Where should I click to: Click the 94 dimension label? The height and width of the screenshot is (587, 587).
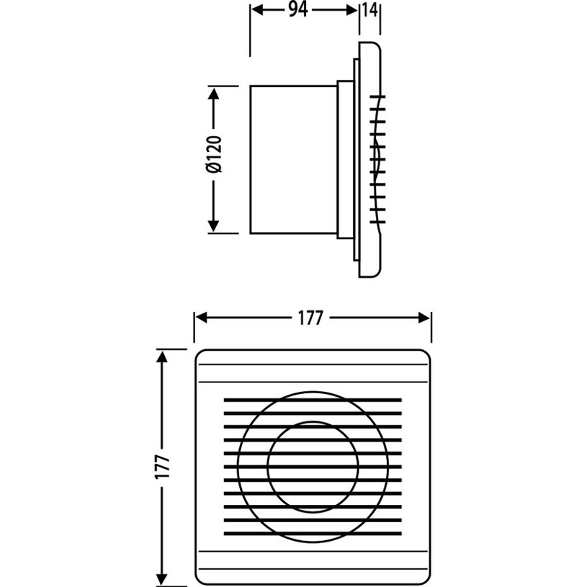click(298, 10)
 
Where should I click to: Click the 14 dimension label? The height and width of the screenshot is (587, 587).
click(370, 10)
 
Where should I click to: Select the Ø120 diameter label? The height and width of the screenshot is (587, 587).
click(214, 154)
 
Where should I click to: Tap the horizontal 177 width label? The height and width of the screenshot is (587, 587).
click(310, 318)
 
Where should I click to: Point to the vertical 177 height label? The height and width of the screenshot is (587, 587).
click(163, 467)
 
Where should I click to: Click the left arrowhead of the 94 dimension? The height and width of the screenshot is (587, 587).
click(257, 10)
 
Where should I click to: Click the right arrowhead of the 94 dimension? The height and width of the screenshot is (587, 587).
click(351, 10)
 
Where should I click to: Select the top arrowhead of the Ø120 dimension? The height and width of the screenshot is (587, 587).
click(213, 93)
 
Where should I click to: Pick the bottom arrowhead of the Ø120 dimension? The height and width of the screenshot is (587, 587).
click(213, 226)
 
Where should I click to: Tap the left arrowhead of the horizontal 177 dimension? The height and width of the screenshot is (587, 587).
click(202, 318)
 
